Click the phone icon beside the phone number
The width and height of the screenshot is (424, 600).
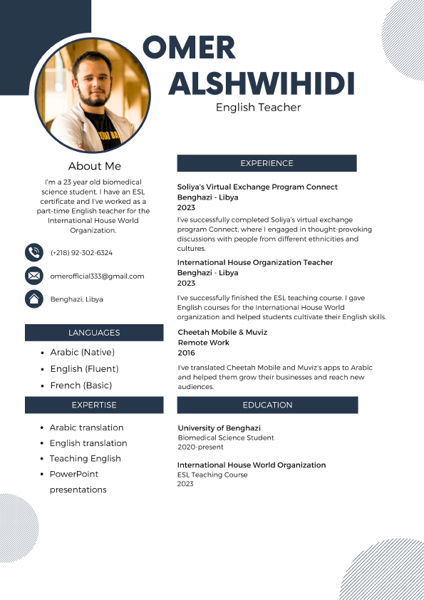pos(33,252)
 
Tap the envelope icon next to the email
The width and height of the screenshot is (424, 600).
pos(33,276)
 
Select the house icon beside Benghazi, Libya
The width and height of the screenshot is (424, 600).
pos(33,299)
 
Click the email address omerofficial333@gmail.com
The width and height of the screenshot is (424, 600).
pos(97,276)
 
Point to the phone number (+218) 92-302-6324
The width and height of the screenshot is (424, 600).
pos(81,253)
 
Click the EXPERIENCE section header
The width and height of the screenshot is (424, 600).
pos(267,163)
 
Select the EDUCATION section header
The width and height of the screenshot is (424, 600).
pos(267,405)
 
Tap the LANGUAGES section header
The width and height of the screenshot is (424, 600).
pos(94,333)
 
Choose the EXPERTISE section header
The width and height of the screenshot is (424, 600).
pos(94,405)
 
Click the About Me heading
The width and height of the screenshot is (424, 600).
pos(95,166)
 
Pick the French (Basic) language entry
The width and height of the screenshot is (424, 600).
pos(81,386)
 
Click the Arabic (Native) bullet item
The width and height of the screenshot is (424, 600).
pos(82,352)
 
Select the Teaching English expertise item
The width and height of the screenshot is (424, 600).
pos(85,458)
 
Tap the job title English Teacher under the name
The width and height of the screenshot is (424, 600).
pos(258,108)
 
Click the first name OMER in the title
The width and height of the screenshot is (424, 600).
pos(189,48)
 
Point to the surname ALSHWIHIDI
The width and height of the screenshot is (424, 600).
pos(261,84)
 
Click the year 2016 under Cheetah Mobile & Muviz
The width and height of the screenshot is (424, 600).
pos(186,353)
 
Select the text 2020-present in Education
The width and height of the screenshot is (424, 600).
pos(200,448)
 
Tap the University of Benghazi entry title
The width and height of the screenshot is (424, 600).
pos(219,428)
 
